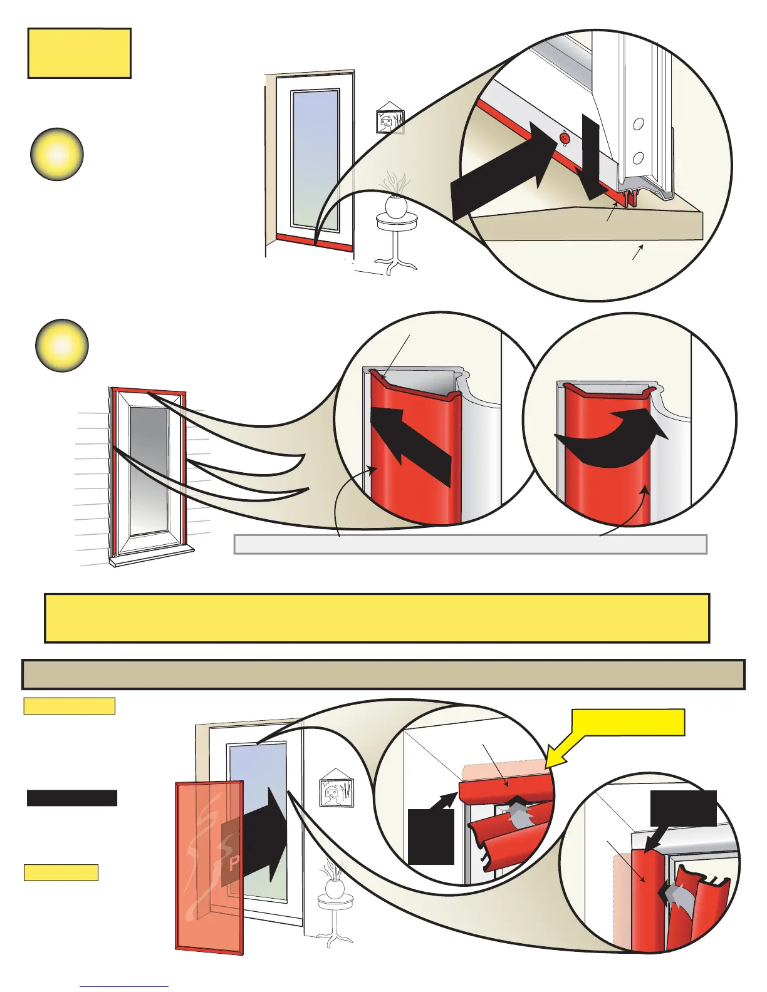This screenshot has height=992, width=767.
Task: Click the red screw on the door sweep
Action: coord(563,137)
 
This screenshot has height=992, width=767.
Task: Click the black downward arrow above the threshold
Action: coord(590,157)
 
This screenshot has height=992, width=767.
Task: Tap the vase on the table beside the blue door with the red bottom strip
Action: coord(396,204)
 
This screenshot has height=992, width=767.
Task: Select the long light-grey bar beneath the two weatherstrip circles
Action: coord(470,544)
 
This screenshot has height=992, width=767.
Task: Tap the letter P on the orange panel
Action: coord(234,864)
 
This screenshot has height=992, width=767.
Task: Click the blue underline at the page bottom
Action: coord(124,987)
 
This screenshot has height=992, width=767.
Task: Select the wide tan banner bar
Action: coord(383,674)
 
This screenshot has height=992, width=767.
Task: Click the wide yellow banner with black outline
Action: coord(377,618)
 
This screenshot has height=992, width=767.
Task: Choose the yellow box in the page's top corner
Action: coord(79,53)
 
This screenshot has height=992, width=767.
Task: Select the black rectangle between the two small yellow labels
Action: coord(72,798)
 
